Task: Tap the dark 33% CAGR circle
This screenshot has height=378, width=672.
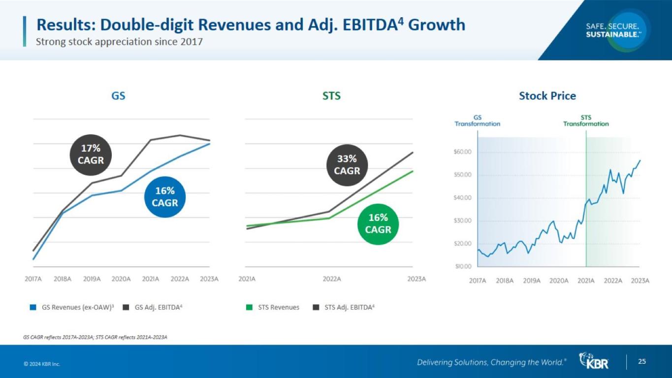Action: pyautogui.click(x=347, y=165)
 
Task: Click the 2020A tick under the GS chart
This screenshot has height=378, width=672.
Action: pyautogui.click(x=121, y=279)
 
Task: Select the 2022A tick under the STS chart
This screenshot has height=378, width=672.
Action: pyautogui.click(x=332, y=279)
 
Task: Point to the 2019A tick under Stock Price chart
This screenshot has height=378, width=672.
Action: pyautogui.click(x=532, y=281)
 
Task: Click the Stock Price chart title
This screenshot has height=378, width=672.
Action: pyautogui.click(x=547, y=95)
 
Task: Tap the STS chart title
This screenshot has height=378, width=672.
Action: pyautogui.click(x=331, y=96)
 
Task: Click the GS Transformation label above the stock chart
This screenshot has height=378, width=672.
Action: pyautogui.click(x=477, y=121)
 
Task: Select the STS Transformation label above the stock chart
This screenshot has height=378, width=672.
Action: pyautogui.click(x=586, y=121)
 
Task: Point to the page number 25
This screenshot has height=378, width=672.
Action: pyautogui.click(x=642, y=362)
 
